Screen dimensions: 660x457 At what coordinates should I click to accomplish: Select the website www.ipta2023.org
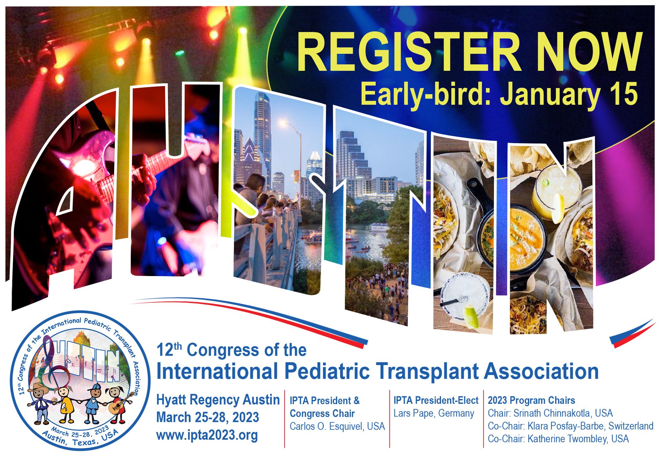coord(207,435)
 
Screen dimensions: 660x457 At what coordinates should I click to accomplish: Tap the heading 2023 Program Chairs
coord(531,400)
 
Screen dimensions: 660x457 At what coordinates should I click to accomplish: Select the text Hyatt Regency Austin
coord(218,400)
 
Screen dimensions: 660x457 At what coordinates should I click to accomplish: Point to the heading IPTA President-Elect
coord(436,400)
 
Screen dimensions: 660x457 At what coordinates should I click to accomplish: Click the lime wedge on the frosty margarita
coord(473,317)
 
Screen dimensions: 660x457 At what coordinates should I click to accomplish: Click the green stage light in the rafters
coord(180,53)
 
